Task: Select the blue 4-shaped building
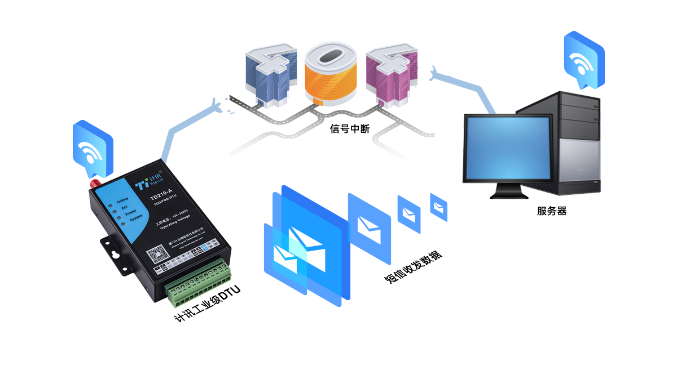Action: point(270,77)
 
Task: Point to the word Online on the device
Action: point(122,200)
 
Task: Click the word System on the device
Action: point(135,218)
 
